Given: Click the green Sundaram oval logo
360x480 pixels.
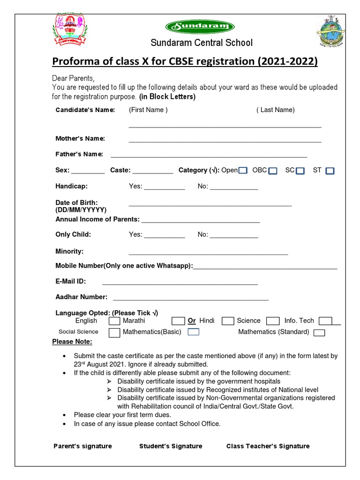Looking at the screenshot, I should click(200, 27).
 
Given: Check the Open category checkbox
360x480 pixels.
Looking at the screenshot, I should click(243, 171).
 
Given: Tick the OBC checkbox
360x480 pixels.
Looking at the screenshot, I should click(273, 171).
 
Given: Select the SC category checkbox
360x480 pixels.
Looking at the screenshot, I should click(300, 171).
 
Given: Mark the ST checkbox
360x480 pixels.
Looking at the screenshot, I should click(330, 171).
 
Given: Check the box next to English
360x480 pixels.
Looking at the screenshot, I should click(114, 321).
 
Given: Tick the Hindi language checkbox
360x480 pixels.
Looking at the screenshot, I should click(228, 321).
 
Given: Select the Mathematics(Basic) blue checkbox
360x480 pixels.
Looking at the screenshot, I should click(194, 332).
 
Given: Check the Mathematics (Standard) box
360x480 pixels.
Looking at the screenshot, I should click(319, 333).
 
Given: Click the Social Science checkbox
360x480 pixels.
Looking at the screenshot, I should click(114, 333).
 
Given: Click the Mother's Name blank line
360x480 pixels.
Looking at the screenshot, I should click(225, 141).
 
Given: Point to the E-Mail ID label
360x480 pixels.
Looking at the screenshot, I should click(71, 282).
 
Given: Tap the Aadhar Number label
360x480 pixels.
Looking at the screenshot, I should click(82, 297).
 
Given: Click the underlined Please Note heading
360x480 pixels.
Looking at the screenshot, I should click(72, 342).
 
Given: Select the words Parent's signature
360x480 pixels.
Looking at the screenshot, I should click(83, 446).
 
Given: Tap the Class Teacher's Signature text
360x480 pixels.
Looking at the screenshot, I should click(268, 446).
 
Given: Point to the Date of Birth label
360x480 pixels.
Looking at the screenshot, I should click(77, 202).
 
